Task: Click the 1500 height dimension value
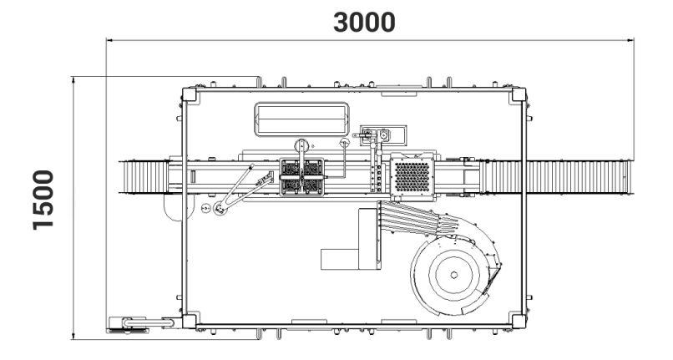[38, 201]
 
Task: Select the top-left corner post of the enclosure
[190, 94]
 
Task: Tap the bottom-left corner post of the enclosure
[190, 319]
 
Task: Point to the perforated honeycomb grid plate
[410, 176]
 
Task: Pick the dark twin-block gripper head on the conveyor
[301, 177]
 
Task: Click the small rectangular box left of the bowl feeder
[347, 259]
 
